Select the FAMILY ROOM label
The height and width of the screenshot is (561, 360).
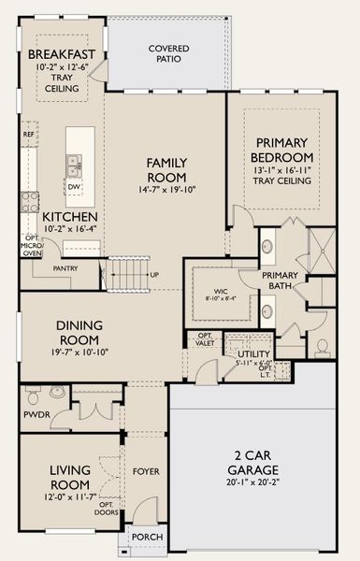point(166,169)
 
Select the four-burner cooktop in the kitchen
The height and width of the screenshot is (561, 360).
point(30,201)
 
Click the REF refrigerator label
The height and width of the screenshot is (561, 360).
point(29,135)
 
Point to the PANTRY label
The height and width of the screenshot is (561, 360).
point(65,268)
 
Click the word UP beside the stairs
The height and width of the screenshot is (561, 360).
point(154,275)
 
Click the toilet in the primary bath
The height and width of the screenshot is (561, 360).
point(322,347)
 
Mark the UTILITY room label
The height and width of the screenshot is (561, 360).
point(253,354)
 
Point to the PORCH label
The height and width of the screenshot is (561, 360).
point(146,536)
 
